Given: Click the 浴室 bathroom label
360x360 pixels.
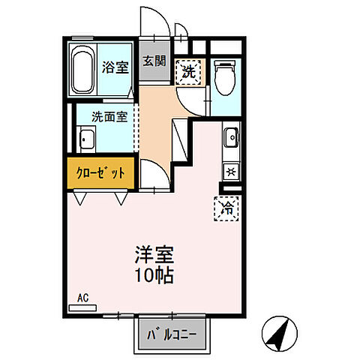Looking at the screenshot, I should pyautogui.click(x=115, y=66).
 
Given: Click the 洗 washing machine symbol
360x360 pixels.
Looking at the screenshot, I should pyautogui.click(x=189, y=72).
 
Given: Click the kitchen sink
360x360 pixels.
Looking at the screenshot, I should pyautogui.click(x=231, y=137).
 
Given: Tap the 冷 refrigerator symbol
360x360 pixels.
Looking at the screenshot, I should pyautogui.click(x=226, y=206).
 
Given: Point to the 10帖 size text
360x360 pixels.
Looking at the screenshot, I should pyautogui.click(x=154, y=276).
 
